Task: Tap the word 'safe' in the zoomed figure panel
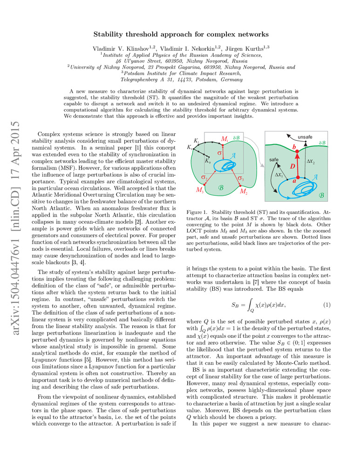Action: tap(274, 159)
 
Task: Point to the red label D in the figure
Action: tap(292, 166)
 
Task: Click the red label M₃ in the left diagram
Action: tap(200, 190)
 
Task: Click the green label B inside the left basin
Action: tap(220, 188)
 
